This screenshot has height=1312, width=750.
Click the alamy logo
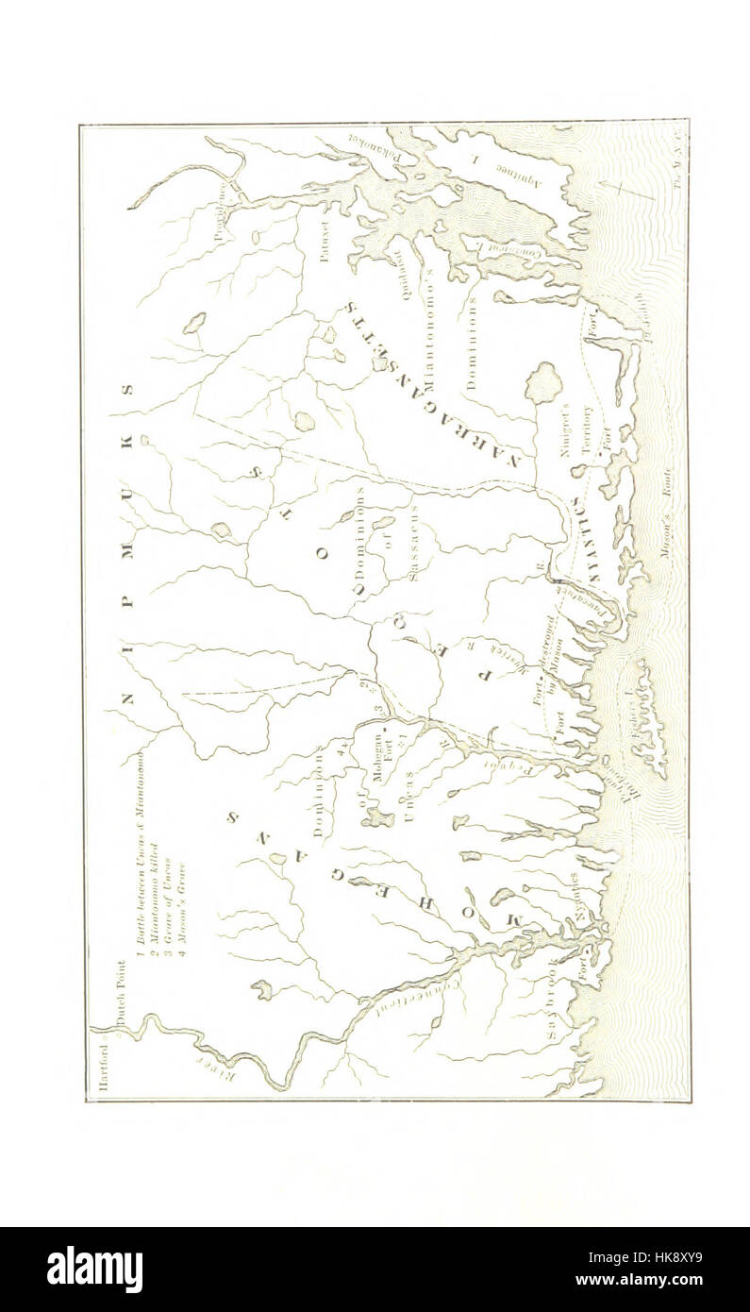click(94, 1269)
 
